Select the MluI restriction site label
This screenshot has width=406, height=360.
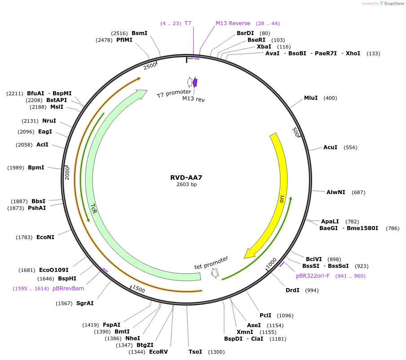point(311,98)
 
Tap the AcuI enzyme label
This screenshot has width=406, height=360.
point(330,147)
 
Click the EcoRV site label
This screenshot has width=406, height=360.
point(158,352)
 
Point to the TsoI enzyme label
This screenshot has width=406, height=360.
point(195,352)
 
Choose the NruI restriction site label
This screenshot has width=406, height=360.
point(49,121)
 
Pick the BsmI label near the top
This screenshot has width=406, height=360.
point(139,33)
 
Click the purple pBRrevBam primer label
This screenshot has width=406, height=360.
point(68,289)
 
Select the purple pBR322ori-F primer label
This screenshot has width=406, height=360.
point(313,276)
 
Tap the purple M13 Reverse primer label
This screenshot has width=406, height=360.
point(233,23)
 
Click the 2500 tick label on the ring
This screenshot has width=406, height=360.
point(150,66)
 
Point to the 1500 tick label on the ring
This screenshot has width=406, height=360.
point(138,289)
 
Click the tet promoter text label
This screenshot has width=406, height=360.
point(211,262)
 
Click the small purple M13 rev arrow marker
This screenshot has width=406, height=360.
point(195,82)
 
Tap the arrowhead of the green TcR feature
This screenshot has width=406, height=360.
point(143,93)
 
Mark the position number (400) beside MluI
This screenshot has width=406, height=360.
point(330,98)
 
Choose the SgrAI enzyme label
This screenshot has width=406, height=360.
point(85,303)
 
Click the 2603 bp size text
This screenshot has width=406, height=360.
point(186,184)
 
